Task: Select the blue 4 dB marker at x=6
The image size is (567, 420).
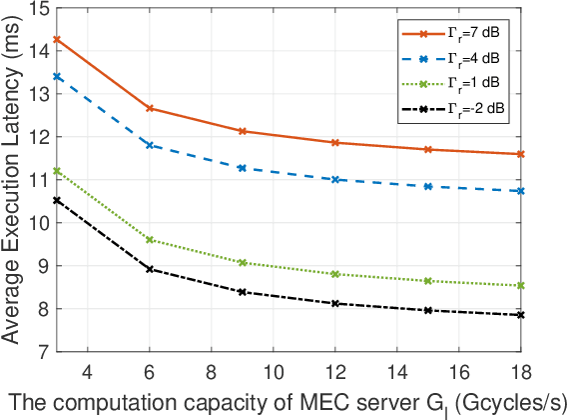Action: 150,145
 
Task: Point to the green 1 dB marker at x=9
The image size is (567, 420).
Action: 242,262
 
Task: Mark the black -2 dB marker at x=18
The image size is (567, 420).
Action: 520,315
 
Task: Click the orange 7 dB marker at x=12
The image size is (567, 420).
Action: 334,143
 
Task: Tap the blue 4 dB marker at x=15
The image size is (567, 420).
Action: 427,186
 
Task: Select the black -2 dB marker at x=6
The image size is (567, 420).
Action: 150,269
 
